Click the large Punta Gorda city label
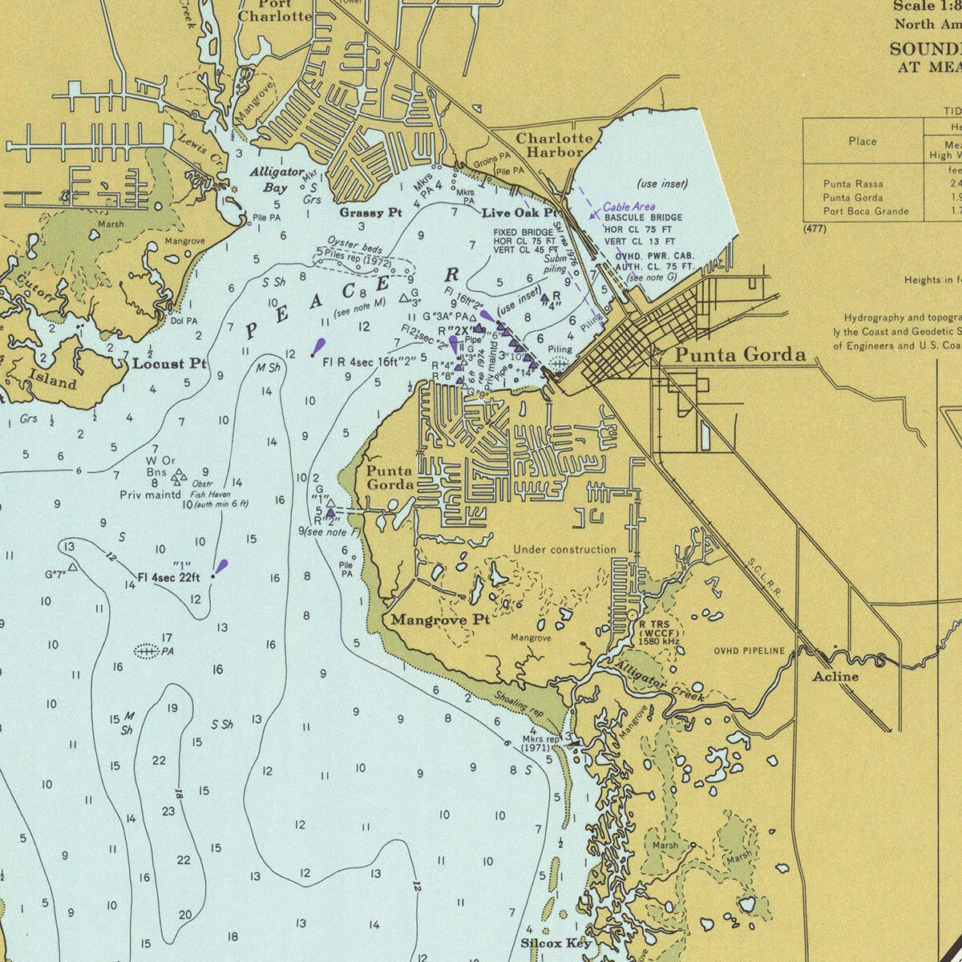[739, 355]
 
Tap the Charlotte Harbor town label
[554, 144]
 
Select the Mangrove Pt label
[439, 620]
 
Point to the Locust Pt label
[169, 363]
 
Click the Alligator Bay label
[277, 180]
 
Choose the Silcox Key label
[556, 943]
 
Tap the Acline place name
[835, 676]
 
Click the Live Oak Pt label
[519, 213]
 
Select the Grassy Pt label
[370, 212]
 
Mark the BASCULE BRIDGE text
[644, 217]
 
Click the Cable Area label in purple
[629, 206]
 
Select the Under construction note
[564, 549]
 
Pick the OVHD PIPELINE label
[750, 650]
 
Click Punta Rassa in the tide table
[852, 184]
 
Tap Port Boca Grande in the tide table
[866, 211]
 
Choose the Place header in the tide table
[862, 141]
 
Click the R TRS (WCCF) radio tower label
[659, 633]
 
